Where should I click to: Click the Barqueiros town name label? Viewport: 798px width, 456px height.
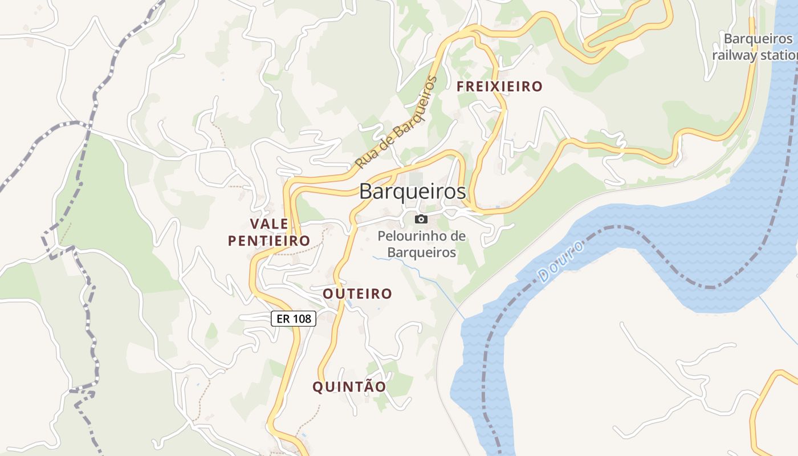click(412, 192)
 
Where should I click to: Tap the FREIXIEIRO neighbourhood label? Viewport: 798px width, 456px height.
click(499, 87)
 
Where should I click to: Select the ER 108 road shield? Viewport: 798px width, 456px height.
click(294, 319)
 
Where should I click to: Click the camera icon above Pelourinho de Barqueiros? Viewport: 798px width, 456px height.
click(421, 219)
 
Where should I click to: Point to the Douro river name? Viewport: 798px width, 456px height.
click(561, 262)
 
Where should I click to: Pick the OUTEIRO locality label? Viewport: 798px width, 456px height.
click(357, 294)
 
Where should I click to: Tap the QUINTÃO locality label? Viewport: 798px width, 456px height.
click(349, 386)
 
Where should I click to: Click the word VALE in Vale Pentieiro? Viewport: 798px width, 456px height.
click(269, 223)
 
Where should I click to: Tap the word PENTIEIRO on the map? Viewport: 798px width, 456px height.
click(269, 241)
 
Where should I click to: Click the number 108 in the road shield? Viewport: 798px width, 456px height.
click(302, 319)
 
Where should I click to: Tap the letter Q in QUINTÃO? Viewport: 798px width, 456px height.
click(318, 387)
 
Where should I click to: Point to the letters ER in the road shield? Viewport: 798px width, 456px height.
click(283, 319)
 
